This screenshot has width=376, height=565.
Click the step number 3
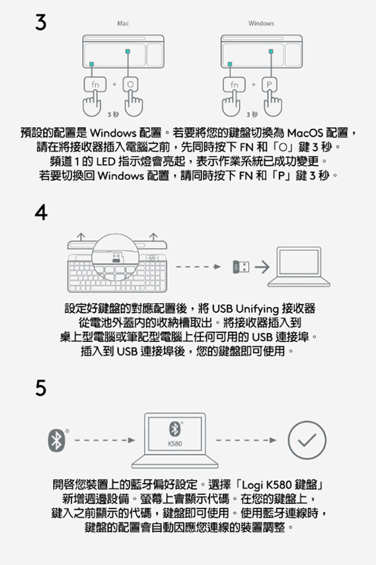(x=41, y=22)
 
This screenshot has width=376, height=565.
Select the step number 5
(x=41, y=388)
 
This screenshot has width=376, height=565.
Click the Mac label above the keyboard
(x=123, y=24)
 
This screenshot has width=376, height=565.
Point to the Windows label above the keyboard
(x=261, y=24)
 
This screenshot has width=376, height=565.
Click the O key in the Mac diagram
(x=130, y=84)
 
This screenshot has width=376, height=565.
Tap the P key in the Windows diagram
(x=270, y=84)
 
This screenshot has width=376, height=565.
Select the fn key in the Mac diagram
(x=95, y=84)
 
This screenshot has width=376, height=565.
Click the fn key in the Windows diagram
(x=234, y=84)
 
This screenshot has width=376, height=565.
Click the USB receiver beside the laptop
(x=241, y=267)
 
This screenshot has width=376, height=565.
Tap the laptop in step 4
(x=298, y=267)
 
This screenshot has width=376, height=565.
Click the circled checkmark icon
(x=307, y=440)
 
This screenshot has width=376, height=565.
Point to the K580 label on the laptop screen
(x=175, y=444)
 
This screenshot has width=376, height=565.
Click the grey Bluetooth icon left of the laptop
(x=57, y=440)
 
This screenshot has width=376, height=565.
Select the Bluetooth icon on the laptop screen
(x=175, y=429)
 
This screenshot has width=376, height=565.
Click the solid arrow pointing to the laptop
(x=262, y=267)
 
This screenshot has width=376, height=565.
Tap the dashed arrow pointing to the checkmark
(x=246, y=440)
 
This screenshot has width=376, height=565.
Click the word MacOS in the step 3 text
(x=305, y=133)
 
